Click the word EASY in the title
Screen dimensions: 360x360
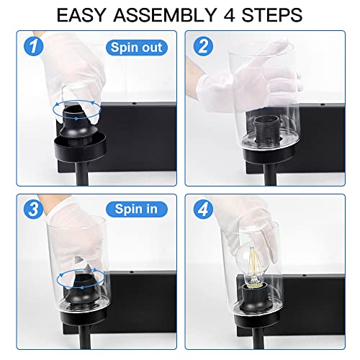(81, 15)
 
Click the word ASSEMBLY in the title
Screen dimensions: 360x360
(165, 15)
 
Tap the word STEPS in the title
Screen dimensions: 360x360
(271, 15)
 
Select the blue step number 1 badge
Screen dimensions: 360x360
(34, 46)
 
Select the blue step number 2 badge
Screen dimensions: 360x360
(203, 46)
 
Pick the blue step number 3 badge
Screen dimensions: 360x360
(34, 209)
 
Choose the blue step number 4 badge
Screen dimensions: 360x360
(203, 209)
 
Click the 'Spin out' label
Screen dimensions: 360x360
(137, 48)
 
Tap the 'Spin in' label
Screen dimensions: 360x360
(137, 209)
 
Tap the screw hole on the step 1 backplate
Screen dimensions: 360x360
(135, 104)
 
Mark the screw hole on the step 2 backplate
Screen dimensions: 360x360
(323, 104)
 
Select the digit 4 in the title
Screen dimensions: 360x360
(229, 15)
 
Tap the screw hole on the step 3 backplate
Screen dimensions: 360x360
(132, 272)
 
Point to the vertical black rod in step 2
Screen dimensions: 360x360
(270, 174)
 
